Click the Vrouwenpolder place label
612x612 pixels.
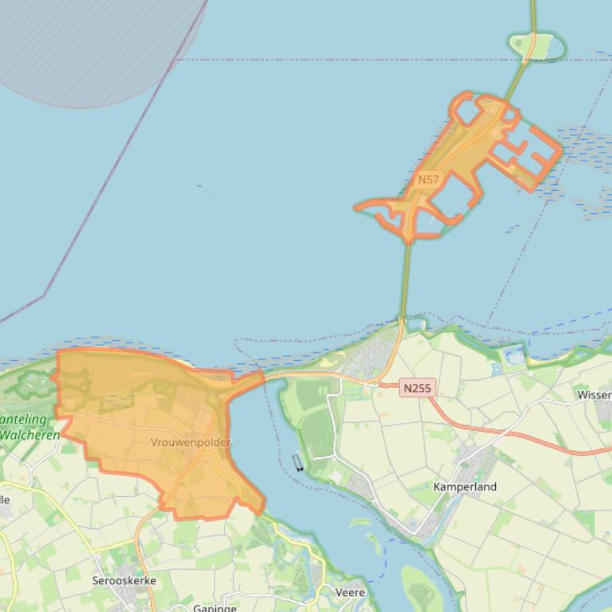(x=191, y=442)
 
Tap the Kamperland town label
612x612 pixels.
(x=465, y=486)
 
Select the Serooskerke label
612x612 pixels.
(x=124, y=581)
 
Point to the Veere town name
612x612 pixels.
(x=351, y=592)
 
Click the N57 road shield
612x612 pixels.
(x=428, y=180)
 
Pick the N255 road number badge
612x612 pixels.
(x=417, y=388)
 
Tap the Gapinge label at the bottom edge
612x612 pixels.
(x=215, y=608)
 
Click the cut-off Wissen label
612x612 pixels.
(x=594, y=395)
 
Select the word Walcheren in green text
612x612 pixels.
(x=30, y=435)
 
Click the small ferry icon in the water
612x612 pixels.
(x=298, y=463)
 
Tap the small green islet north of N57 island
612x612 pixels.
(x=537, y=46)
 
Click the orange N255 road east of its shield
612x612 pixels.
(x=509, y=433)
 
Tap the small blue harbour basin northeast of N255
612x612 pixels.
(x=515, y=357)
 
